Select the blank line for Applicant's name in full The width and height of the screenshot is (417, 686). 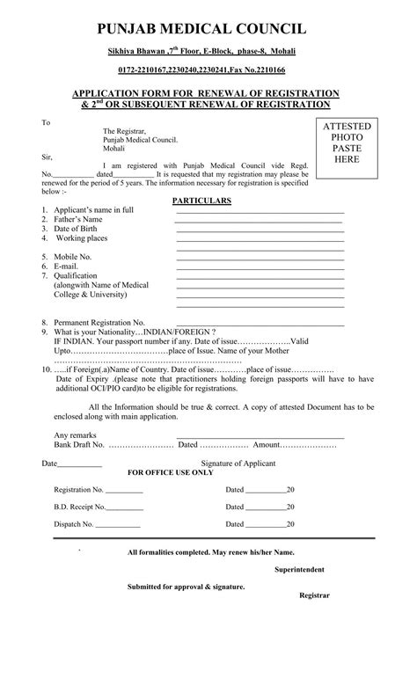point(260,212)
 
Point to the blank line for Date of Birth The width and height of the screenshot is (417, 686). point(260,230)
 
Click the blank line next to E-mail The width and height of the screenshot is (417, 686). point(260,267)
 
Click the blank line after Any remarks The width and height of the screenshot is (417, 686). point(260,436)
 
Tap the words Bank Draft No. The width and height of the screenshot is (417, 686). point(78,446)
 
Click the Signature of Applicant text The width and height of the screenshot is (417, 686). point(238,463)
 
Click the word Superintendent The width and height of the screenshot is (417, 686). point(299,570)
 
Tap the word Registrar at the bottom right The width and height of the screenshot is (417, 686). point(314,596)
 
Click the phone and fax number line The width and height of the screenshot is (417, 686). point(208,69)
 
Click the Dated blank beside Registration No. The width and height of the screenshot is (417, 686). point(266,491)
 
